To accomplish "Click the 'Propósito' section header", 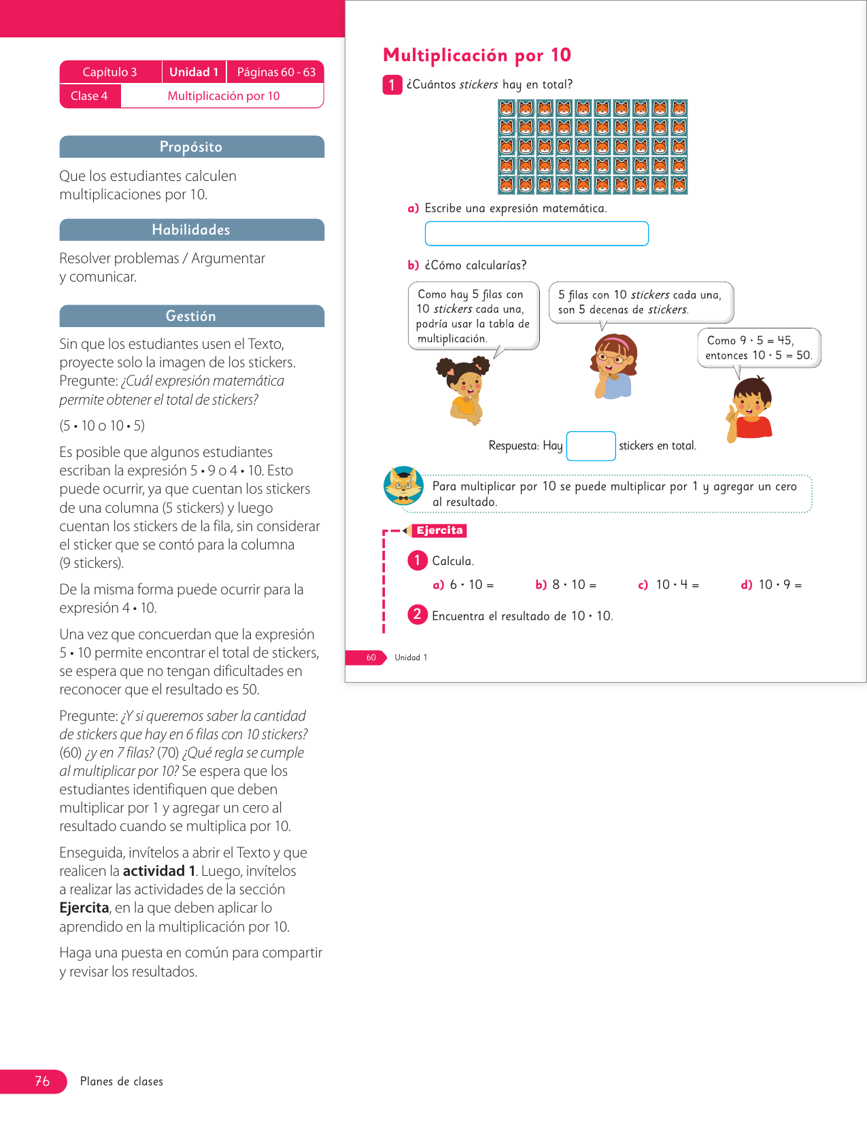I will pos(191,147).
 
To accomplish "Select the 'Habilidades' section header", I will pos(191,230).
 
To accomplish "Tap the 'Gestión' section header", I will pos(191,316).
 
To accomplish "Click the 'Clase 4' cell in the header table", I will pos(89,96).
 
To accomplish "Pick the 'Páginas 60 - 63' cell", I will pos(276,72).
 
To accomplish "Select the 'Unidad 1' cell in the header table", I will pos(194,72).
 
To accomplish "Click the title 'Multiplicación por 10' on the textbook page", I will pos(477,55).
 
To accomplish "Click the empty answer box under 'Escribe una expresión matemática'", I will pos(537,233).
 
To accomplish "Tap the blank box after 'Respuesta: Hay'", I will pos(590,446).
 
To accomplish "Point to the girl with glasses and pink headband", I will pos(613,366).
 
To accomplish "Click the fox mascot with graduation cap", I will pos(403,486).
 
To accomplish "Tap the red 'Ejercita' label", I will pos(439,530).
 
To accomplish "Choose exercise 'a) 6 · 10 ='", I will pos(463,585).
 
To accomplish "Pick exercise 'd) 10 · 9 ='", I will pos(771,585).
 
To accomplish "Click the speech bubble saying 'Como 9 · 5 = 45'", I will pos(759,347).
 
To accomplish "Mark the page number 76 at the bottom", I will pos(42,1081).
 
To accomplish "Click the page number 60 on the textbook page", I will pos(371,658).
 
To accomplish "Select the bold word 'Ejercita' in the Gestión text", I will pos(84,908).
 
